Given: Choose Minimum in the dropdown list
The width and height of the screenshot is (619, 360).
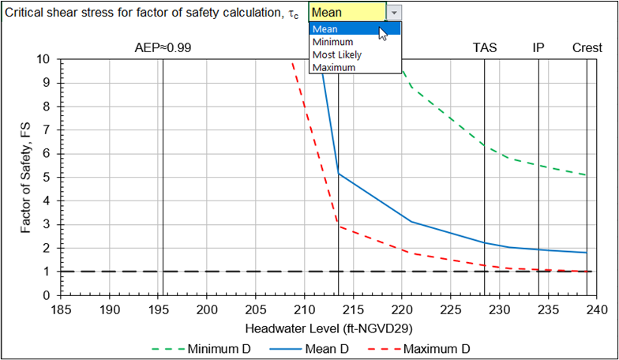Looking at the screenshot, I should point(332,42).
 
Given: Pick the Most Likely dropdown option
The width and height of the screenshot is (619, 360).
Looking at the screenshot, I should point(337,54).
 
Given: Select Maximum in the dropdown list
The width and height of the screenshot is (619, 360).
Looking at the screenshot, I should point(334,67).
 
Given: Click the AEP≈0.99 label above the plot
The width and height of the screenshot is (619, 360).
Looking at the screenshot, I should point(164,47).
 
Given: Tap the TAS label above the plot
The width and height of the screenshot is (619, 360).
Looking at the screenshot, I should point(485,47).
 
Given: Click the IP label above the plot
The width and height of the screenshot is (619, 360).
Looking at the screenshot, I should point(538,47).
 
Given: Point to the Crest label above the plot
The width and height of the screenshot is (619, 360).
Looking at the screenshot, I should point(587,47).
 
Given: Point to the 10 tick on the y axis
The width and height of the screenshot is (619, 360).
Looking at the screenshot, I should point(44,59).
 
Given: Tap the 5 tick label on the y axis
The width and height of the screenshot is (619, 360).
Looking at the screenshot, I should point(47,178).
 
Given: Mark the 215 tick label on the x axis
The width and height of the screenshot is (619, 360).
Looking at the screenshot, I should point(353,309).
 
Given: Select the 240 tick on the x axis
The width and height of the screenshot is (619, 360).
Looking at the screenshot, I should point(596,309).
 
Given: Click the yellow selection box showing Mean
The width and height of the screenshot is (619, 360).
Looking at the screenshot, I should point(347,13).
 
